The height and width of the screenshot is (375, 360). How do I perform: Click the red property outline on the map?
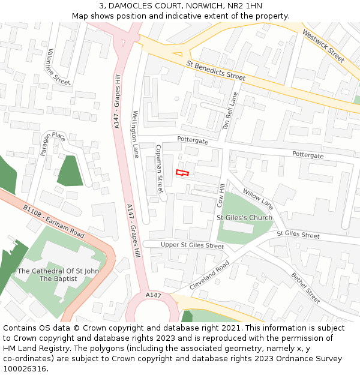coord(182,173)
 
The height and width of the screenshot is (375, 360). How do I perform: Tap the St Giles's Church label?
coord(244,217)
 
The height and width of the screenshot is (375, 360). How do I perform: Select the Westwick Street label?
coord(323,46)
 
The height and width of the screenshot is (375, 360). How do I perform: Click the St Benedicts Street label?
coord(216,70)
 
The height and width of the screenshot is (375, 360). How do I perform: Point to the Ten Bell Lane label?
coord(230,110)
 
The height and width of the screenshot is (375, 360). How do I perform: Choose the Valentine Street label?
coord(58,66)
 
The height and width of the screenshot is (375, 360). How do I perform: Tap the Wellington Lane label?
coord(136,134)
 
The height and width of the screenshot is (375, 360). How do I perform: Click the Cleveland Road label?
coord(209,276)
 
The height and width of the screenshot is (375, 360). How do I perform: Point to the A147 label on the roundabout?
coord(154,295)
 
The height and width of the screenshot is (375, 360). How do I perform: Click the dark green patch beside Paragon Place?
coord(70,170)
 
